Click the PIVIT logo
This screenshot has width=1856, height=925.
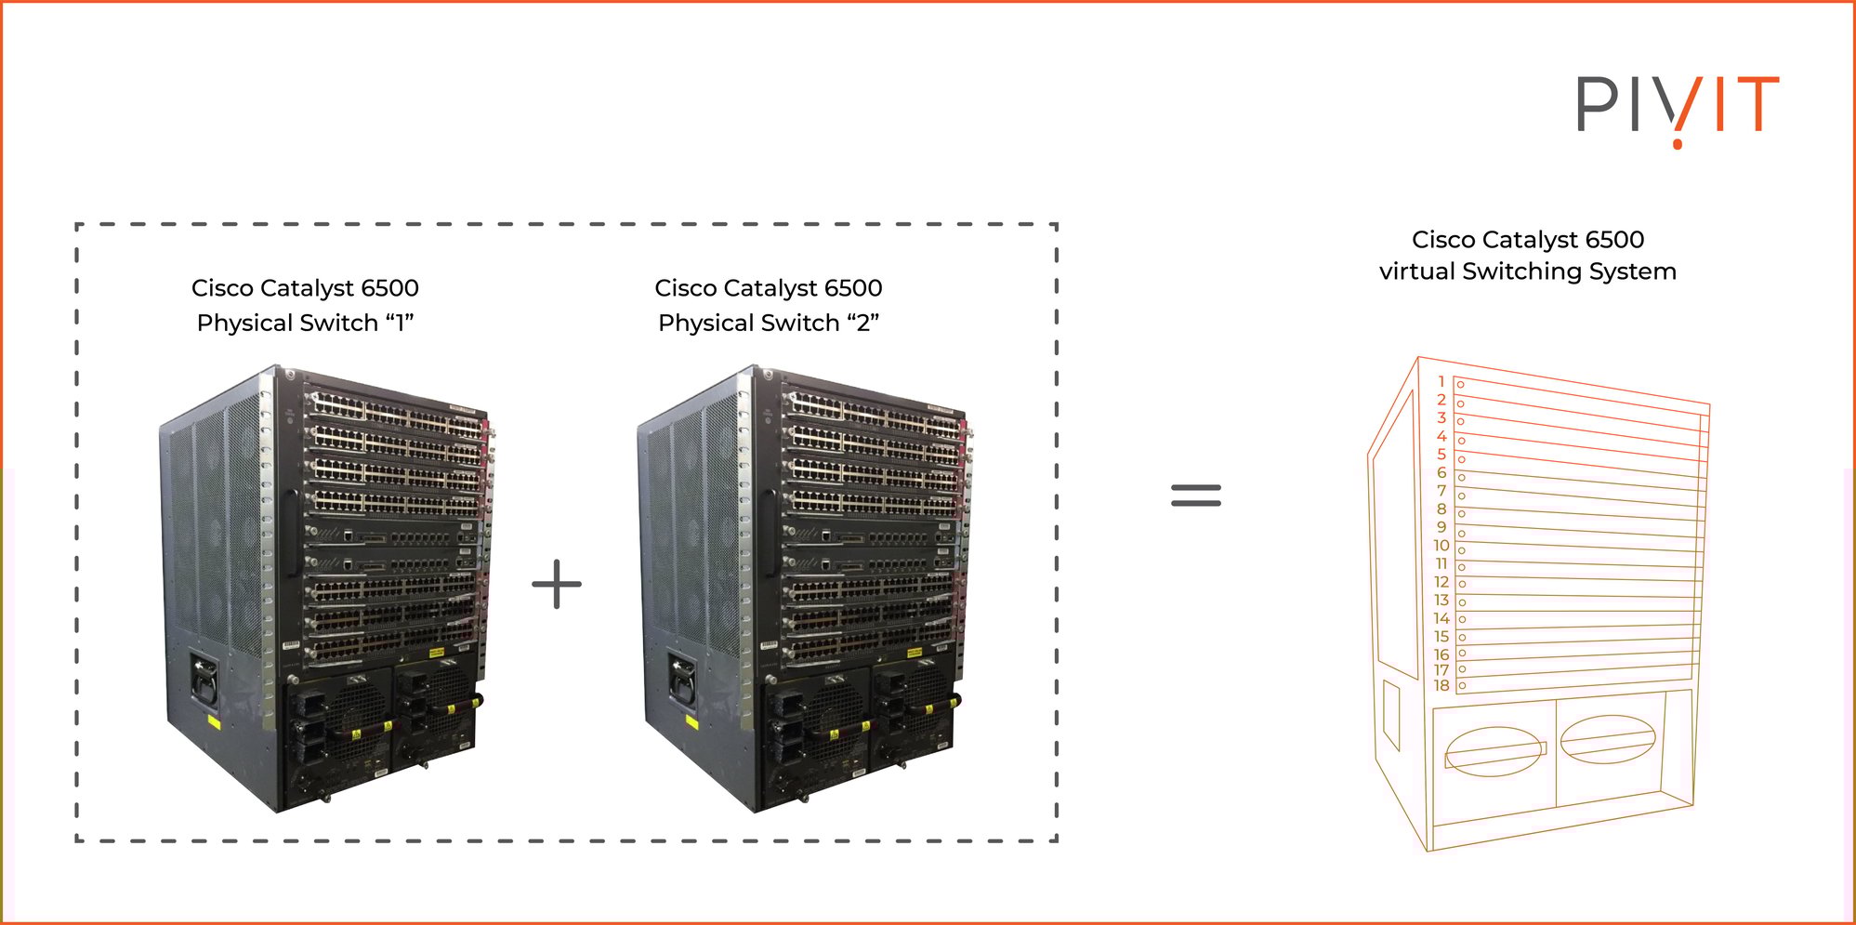[x=1678, y=107]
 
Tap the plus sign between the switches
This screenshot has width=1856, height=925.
[x=557, y=585]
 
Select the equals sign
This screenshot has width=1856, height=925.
[x=1196, y=495]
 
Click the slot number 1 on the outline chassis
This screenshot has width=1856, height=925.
[x=1441, y=381]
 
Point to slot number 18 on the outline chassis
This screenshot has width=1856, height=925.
[x=1441, y=686]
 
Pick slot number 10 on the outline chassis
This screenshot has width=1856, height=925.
[x=1441, y=546]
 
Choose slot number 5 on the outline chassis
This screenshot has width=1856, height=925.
[x=1441, y=455]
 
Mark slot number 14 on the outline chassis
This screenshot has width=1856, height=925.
[x=1441, y=618]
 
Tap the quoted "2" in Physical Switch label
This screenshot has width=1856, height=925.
[x=862, y=323]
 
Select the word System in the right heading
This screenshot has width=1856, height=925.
[x=1633, y=271]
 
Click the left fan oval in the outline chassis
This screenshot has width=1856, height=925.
[x=1494, y=751]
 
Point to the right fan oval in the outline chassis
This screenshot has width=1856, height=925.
[x=1608, y=739]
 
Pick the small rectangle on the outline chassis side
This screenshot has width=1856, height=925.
[x=1391, y=714]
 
